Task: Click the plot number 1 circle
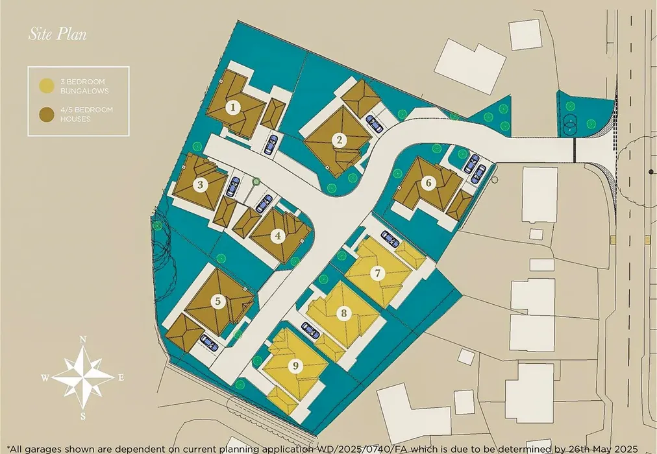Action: pyautogui.click(x=233, y=108)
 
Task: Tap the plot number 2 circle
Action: pyautogui.click(x=340, y=139)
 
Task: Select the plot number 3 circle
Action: pyautogui.click(x=201, y=185)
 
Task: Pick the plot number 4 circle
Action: pyautogui.click(x=278, y=236)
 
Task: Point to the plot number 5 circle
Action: pyautogui.click(x=218, y=301)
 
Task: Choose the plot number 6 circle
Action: pyautogui.click(x=428, y=183)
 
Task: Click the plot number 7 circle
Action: pyautogui.click(x=378, y=274)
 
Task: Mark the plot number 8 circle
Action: pyautogui.click(x=344, y=313)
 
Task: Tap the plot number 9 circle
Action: pyautogui.click(x=296, y=366)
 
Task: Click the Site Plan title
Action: pyautogui.click(x=57, y=34)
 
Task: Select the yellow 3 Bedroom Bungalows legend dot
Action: pyautogui.click(x=47, y=86)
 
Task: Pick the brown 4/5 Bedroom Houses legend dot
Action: pyautogui.click(x=47, y=114)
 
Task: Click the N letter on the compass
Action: pyautogui.click(x=83, y=339)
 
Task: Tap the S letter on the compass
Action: pyautogui.click(x=83, y=416)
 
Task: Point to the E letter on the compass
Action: pyautogui.click(x=121, y=378)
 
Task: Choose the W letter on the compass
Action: pyautogui.click(x=45, y=378)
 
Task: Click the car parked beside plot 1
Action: pyautogui.click(x=271, y=145)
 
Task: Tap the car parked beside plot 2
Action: pyautogui.click(x=374, y=124)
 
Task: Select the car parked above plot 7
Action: pyautogui.click(x=390, y=239)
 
